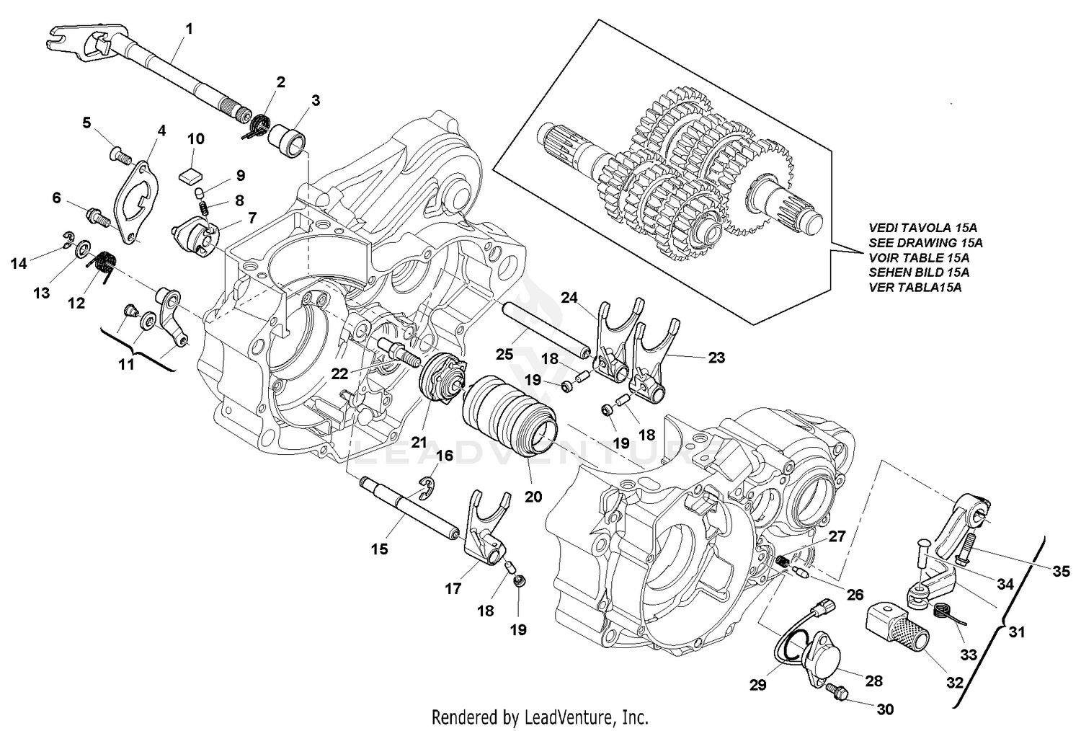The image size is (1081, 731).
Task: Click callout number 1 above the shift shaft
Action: [189, 29]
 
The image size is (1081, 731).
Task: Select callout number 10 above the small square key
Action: [196, 138]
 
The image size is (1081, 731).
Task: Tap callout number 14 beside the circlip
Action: [19, 264]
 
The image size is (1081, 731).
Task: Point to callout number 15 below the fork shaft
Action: [380, 549]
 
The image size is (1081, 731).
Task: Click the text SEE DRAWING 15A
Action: [925, 243]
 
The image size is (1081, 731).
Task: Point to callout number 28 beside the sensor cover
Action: [873, 681]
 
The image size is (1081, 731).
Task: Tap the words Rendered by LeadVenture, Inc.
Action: [539, 717]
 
